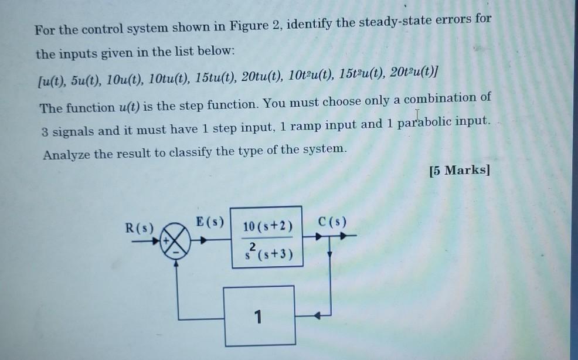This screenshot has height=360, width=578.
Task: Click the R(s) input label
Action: point(140,227)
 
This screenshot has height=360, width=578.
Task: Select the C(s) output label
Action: point(332,222)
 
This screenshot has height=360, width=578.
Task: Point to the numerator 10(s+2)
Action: point(267,226)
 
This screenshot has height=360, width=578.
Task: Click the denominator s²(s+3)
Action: point(267,254)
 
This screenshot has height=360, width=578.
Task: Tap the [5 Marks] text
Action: point(458,171)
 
